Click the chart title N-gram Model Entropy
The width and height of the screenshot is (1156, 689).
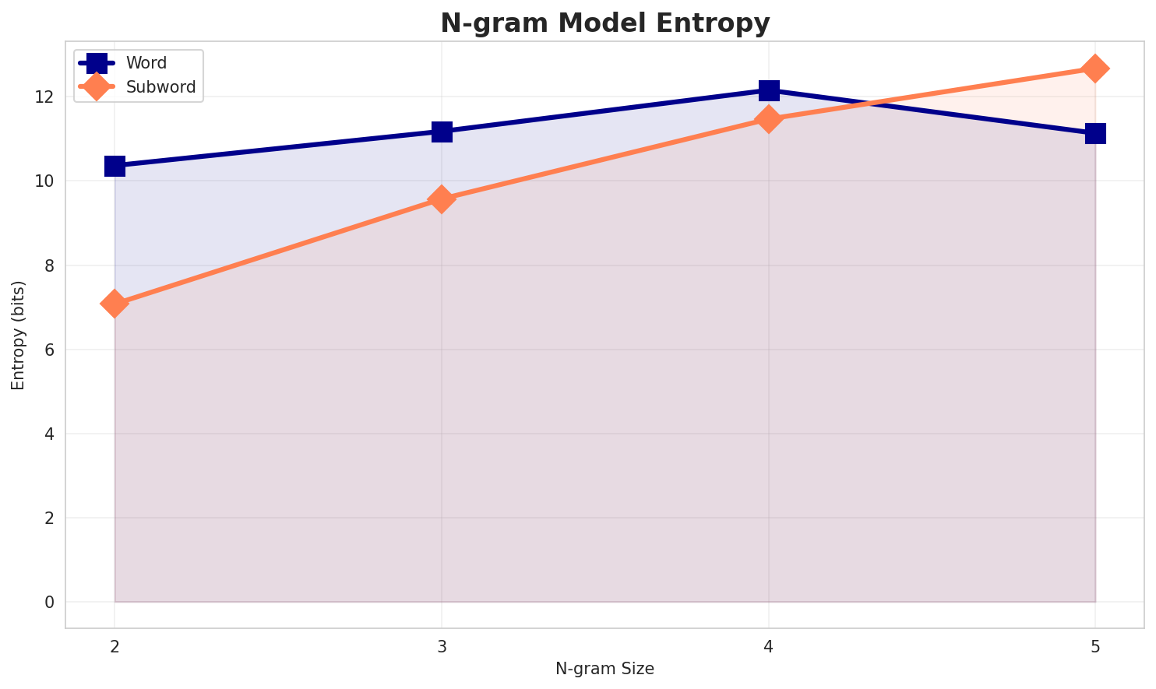(x=604, y=23)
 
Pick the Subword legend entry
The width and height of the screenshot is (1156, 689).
(x=160, y=87)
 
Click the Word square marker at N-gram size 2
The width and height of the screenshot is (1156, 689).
(x=115, y=166)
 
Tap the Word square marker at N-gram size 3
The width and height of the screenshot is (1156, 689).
(x=442, y=132)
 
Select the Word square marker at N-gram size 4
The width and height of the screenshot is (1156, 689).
(x=769, y=90)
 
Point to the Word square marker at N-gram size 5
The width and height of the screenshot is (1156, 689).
(x=1095, y=133)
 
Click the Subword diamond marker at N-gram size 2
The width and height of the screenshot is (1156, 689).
(x=115, y=304)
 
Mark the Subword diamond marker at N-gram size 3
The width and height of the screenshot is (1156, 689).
(x=442, y=199)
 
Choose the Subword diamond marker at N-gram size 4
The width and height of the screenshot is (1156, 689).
(x=769, y=119)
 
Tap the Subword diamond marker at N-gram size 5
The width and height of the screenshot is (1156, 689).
(x=1095, y=69)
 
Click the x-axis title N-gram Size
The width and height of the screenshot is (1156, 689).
(x=604, y=669)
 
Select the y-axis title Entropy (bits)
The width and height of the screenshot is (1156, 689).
(x=18, y=335)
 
